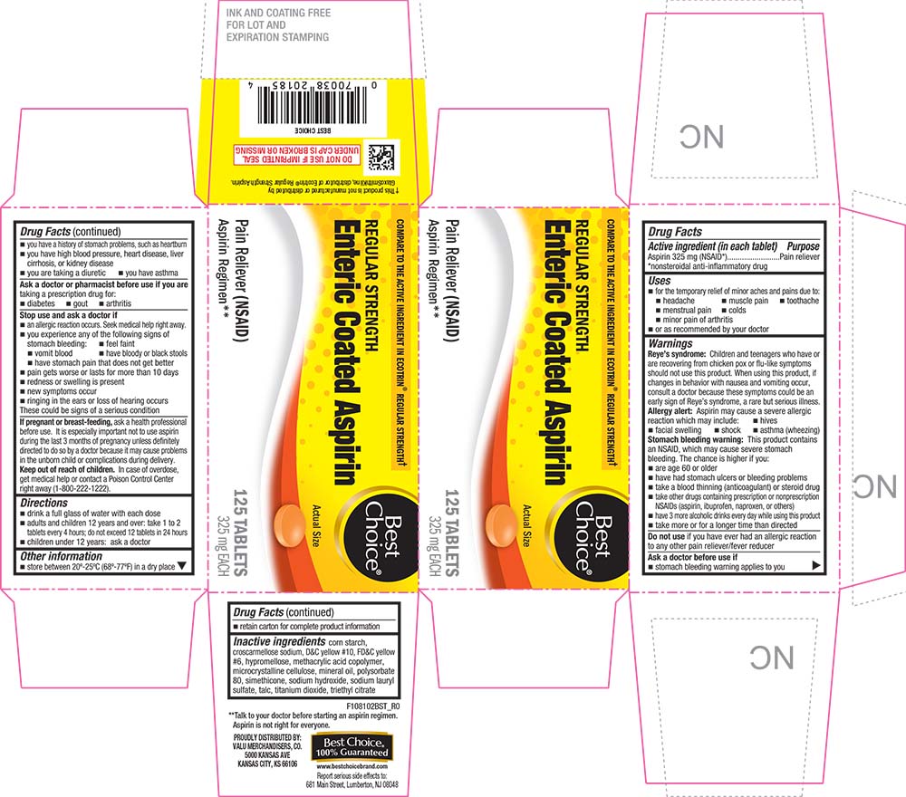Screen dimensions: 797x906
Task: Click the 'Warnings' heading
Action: [x=671, y=344]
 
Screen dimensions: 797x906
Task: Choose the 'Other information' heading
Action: [x=62, y=555]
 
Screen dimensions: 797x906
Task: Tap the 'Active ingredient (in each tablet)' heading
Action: [x=707, y=245]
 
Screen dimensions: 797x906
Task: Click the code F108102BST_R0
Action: [x=371, y=702]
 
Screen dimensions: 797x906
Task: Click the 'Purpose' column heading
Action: [x=804, y=245]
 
